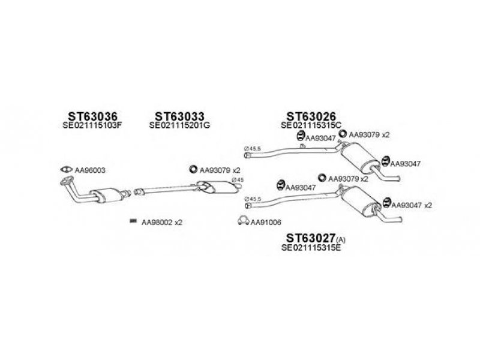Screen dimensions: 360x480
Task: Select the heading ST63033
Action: (x=179, y=116)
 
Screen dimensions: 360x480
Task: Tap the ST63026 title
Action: (x=310, y=116)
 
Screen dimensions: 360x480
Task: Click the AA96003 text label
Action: (x=91, y=170)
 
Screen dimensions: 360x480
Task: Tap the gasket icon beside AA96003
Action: (x=67, y=170)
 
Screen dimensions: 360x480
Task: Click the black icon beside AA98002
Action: (x=133, y=221)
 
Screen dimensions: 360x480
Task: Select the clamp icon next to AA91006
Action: (x=244, y=221)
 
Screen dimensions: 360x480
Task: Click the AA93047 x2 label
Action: (x=412, y=205)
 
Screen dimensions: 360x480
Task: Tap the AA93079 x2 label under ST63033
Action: (x=220, y=170)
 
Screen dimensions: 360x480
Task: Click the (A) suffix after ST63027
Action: (x=341, y=240)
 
